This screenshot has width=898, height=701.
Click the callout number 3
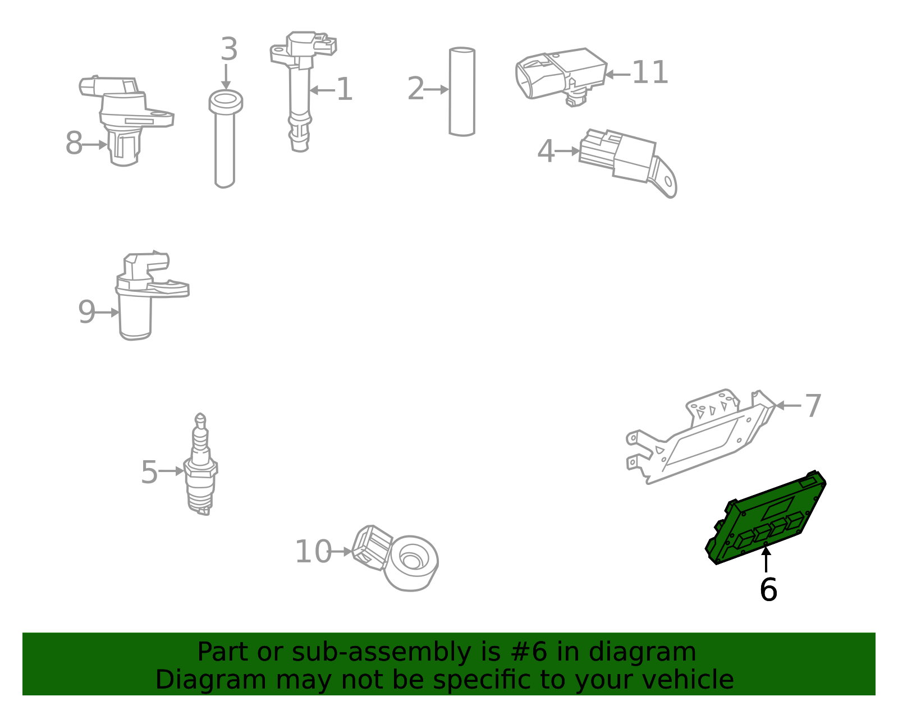coord(229,49)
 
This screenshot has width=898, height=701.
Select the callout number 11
coord(650,73)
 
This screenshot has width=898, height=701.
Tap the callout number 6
coord(768,589)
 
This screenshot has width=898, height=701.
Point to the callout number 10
coord(313,552)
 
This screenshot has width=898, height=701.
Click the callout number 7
coord(813,406)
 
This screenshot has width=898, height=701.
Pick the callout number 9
coord(87,312)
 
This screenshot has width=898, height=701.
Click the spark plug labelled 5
coord(200,464)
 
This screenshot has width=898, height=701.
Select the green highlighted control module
coord(766,518)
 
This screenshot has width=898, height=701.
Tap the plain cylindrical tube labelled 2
coord(462,91)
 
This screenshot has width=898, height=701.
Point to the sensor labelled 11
coord(561,77)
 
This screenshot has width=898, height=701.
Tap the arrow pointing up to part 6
coord(766,560)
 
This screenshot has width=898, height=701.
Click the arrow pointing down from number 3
coord(226,77)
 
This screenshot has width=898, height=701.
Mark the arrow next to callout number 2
coord(437,90)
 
